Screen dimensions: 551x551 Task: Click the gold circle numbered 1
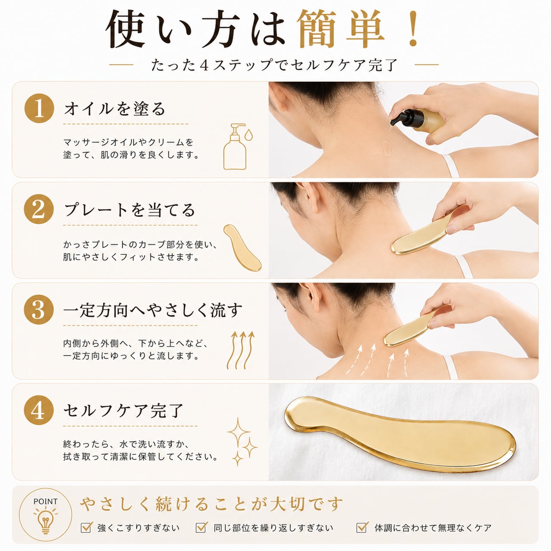[39, 108]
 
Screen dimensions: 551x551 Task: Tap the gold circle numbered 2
[39, 209]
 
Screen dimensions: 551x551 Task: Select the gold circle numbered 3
[39, 310]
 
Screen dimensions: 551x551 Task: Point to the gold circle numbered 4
[39, 410]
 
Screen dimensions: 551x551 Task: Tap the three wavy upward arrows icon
[241, 350]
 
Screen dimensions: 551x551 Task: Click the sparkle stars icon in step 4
[241, 442]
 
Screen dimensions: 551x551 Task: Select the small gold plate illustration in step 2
[242, 248]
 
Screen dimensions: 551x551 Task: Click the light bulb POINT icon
[46, 517]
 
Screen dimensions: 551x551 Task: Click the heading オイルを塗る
[115, 109]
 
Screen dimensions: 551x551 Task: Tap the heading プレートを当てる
[129, 210]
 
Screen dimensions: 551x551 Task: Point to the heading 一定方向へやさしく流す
[153, 310]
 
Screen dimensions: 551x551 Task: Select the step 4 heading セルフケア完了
[123, 411]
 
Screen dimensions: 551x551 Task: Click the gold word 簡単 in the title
[341, 28]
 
